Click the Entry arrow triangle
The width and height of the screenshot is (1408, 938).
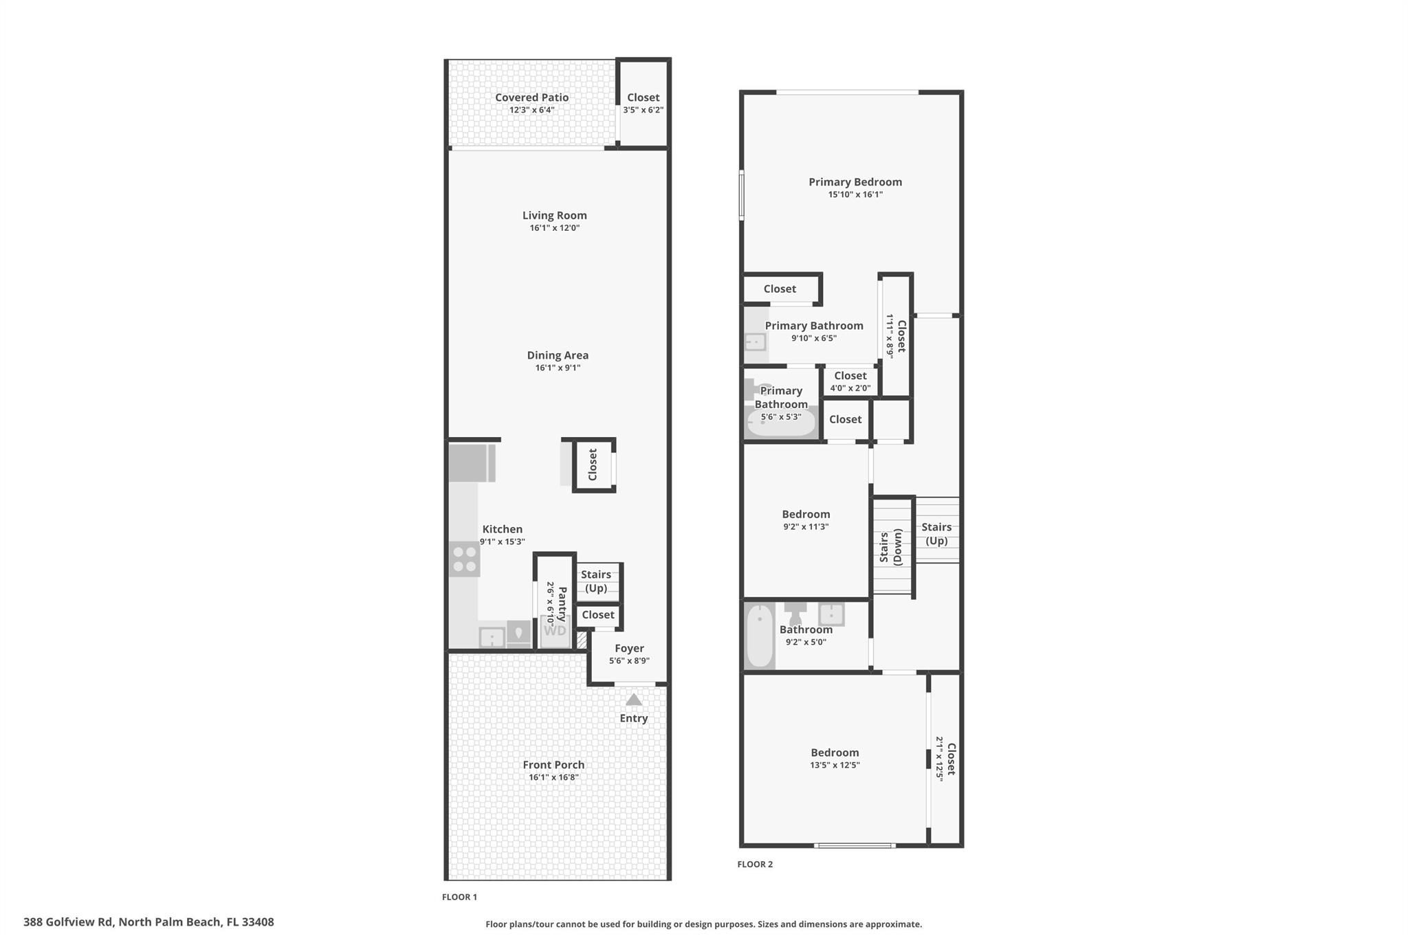(633, 700)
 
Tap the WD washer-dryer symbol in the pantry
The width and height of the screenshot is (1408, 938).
(555, 631)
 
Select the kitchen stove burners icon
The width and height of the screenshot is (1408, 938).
(464, 559)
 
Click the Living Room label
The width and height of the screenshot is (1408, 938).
(554, 215)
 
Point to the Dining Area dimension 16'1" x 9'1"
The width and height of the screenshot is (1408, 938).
(558, 368)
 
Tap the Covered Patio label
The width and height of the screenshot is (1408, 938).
(531, 98)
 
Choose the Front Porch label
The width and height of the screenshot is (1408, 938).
(553, 765)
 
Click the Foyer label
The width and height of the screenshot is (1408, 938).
(629, 648)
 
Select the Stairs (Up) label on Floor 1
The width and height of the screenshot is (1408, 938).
(596, 581)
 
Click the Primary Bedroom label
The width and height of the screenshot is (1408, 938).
(855, 182)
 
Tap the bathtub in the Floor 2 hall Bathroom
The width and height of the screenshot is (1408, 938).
(760, 635)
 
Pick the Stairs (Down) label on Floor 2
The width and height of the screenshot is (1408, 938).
(890, 546)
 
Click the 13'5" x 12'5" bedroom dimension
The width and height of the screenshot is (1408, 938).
(835, 765)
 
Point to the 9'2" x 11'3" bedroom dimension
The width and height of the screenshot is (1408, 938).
(806, 527)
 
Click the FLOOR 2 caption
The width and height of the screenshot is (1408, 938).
(755, 864)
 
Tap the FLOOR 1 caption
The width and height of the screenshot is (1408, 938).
(459, 897)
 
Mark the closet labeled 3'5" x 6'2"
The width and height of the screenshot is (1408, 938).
(643, 103)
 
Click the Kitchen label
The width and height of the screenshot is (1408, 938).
(502, 529)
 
